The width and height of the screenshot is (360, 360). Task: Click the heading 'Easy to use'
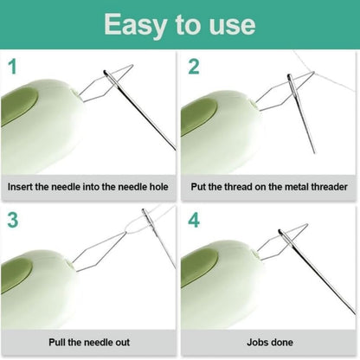(x=179, y=23)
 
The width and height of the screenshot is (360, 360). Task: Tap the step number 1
(x=12, y=67)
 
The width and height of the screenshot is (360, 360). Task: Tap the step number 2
(x=194, y=67)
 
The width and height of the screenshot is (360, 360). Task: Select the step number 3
(x=12, y=220)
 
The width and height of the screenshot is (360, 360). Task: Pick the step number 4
(x=194, y=220)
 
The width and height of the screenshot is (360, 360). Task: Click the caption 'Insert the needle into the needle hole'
(x=89, y=186)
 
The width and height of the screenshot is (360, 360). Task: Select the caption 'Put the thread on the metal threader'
(x=269, y=186)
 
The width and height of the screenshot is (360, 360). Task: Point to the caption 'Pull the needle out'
(x=89, y=341)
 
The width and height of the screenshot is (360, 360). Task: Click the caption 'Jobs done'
(x=269, y=341)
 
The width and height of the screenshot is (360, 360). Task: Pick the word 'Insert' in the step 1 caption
(x=24, y=186)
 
